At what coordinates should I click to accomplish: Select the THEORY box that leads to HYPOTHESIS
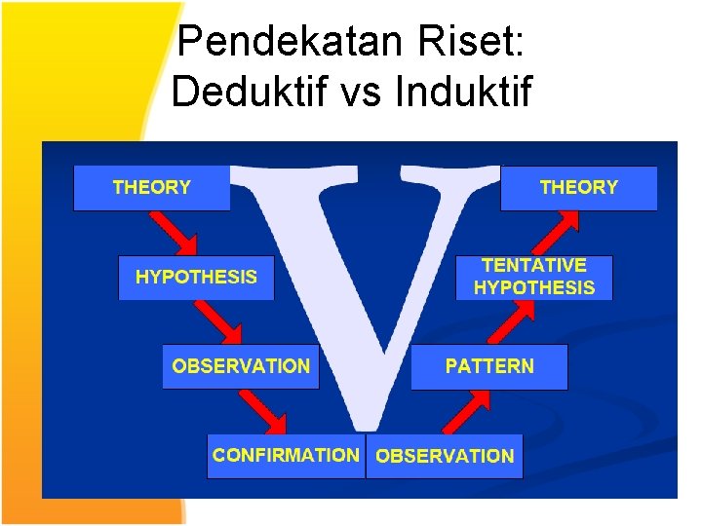pos(152,187)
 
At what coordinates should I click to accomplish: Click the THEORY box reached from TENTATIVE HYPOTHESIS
pos(578,187)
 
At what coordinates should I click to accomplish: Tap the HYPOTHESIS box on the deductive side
pos(196,278)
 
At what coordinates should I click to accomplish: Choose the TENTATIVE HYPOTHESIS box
pos(533,277)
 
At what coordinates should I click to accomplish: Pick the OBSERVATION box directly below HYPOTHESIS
pos(241,366)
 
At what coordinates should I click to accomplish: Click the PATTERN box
pos(488,366)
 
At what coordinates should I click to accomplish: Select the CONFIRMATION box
pos(286,455)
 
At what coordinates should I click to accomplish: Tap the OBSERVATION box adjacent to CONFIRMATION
pos(445,456)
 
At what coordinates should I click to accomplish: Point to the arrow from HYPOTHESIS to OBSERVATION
pos(218,321)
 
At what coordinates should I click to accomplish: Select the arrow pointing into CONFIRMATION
pos(263,410)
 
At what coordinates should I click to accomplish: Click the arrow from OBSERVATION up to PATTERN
pos(467,411)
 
